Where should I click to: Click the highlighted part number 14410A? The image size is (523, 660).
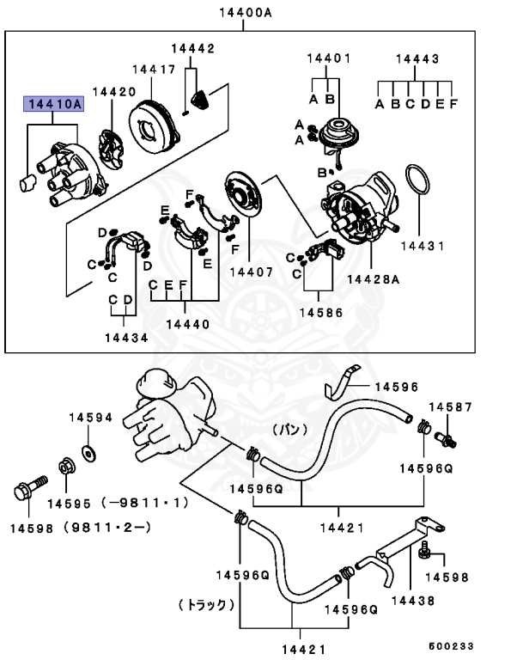[52, 105]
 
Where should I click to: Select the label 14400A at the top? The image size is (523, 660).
[244, 14]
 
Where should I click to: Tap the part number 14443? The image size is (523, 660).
[417, 58]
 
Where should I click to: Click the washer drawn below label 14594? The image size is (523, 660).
[88, 451]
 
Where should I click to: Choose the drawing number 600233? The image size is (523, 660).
[451, 645]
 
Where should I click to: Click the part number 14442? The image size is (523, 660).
[192, 48]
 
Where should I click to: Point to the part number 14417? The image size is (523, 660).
[154, 69]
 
